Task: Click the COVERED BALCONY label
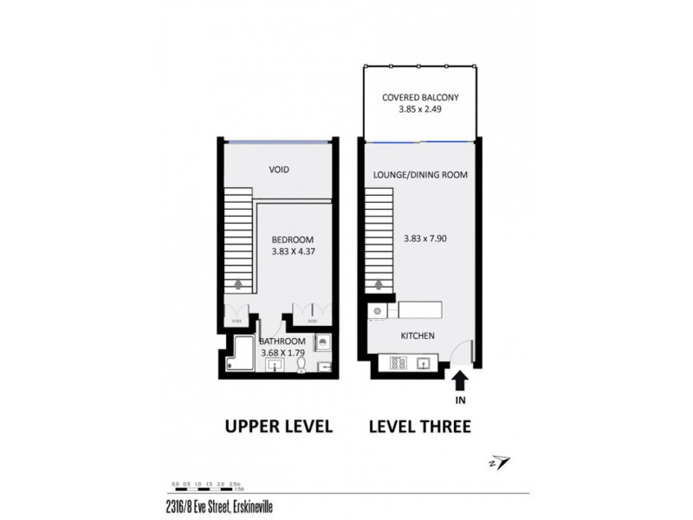(419, 97)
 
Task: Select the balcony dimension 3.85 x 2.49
(419, 111)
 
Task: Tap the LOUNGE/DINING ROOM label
(420, 174)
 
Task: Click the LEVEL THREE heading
(419, 426)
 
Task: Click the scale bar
(203, 489)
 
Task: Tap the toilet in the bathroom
(301, 367)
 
